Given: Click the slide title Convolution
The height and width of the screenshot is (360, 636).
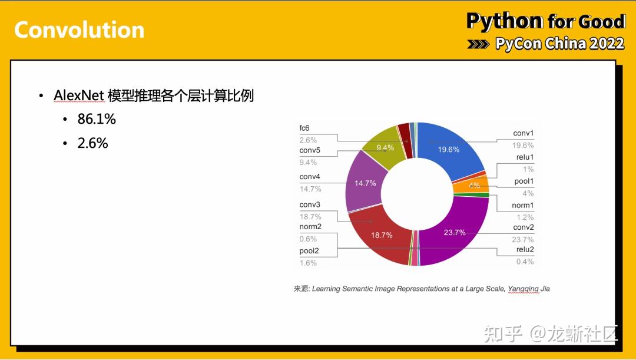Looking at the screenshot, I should pyautogui.click(x=79, y=29).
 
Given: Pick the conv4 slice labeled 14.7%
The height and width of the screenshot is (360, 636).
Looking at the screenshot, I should pyautogui.click(x=365, y=183).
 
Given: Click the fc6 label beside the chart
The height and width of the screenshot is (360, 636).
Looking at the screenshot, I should pyautogui.click(x=304, y=128).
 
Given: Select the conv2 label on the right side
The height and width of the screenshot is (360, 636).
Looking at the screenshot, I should pyautogui.click(x=523, y=227).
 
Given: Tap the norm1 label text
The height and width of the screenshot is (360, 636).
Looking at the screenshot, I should pyautogui.click(x=523, y=205).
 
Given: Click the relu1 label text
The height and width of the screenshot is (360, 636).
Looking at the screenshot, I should pyautogui.click(x=524, y=157).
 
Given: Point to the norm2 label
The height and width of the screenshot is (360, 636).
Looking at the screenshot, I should pyautogui.click(x=310, y=227).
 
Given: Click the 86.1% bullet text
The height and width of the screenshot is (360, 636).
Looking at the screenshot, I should pyautogui.click(x=97, y=119).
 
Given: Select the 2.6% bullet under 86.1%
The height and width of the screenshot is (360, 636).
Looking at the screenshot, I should pyautogui.click(x=93, y=143).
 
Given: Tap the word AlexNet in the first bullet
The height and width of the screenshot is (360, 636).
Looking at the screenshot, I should pyautogui.click(x=78, y=95).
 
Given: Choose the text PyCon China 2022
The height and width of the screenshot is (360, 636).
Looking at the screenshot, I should pyautogui.click(x=559, y=44).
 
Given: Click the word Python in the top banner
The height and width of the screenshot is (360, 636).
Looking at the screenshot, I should pyautogui.click(x=505, y=21).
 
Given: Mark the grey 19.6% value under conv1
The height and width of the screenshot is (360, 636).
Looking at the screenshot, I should pyautogui.click(x=522, y=146).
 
